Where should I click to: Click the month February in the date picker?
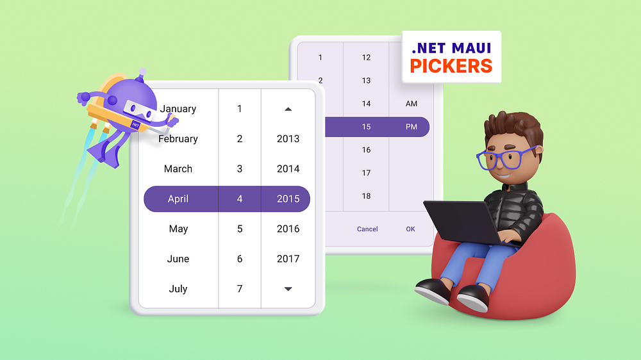[178, 139]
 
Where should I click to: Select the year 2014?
[288, 169]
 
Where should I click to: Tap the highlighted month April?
[178, 199]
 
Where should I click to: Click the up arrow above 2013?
[288, 110]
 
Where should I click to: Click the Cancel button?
[367, 229]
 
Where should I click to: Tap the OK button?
[410, 229]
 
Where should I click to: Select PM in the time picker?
[411, 127]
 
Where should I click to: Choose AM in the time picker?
[411, 104]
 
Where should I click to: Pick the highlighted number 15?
[366, 127]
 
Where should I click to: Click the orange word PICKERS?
[451, 66]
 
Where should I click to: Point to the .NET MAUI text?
[451, 47]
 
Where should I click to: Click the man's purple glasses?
[506, 158]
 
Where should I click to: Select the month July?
[178, 289]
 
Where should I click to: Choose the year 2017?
[288, 259]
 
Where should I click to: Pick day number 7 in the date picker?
[240, 289]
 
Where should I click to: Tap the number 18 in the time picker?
[366, 196]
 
